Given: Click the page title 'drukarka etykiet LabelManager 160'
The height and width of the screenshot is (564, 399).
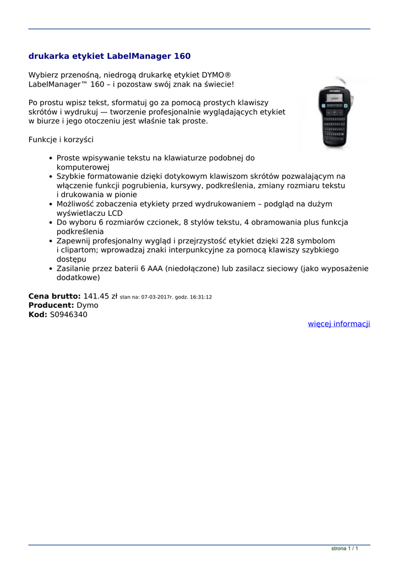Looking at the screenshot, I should click(x=110, y=56).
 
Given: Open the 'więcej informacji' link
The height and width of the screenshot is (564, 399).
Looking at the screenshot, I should click(x=338, y=324).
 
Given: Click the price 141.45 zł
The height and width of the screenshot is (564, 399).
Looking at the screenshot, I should click(x=100, y=296).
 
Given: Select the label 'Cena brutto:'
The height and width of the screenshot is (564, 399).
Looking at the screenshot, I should click(x=54, y=296).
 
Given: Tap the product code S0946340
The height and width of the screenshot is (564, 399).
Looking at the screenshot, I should click(x=68, y=314).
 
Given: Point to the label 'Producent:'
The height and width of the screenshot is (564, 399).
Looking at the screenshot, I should click(x=51, y=305).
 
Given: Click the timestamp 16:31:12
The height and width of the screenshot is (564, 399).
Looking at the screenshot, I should click(x=201, y=297).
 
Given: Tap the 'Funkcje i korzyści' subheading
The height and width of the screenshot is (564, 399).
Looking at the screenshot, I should click(x=61, y=140).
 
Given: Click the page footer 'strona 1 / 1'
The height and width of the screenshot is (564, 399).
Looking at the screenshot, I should click(x=345, y=549).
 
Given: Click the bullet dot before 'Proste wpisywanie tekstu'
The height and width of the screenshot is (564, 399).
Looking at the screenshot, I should click(x=51, y=158).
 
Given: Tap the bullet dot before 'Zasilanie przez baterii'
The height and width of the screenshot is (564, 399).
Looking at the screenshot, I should click(x=51, y=269).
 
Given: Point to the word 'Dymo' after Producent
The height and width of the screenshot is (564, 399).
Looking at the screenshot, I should click(x=88, y=305).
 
